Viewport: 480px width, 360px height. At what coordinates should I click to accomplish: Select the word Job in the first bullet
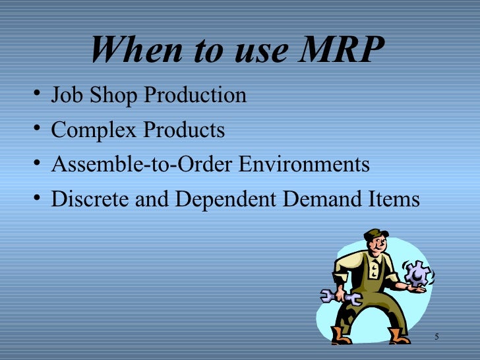65,96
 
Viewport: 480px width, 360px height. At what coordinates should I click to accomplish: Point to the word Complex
92,131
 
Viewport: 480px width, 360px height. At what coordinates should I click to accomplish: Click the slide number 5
436,338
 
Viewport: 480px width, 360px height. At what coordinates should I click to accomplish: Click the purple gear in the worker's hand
417,273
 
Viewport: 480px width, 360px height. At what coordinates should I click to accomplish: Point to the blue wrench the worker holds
339,297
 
